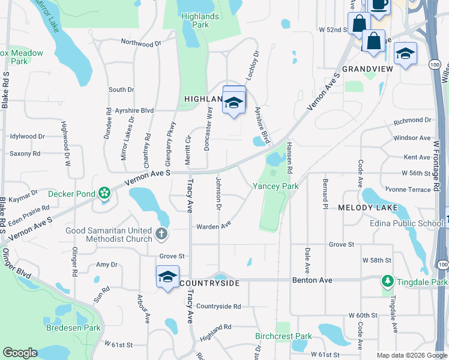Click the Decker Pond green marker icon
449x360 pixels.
[104, 193]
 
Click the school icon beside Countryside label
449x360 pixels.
[168, 277]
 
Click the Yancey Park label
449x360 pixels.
[276, 186]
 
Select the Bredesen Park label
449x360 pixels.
[74, 328]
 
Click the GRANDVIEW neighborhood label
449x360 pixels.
[367, 69]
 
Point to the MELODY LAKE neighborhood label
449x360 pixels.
[364, 207]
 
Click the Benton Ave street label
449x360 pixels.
[312, 280]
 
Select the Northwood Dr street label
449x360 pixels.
[142, 43]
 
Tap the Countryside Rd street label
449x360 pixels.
[218, 306]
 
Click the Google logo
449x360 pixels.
[20, 353]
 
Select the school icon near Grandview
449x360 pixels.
[405, 54]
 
